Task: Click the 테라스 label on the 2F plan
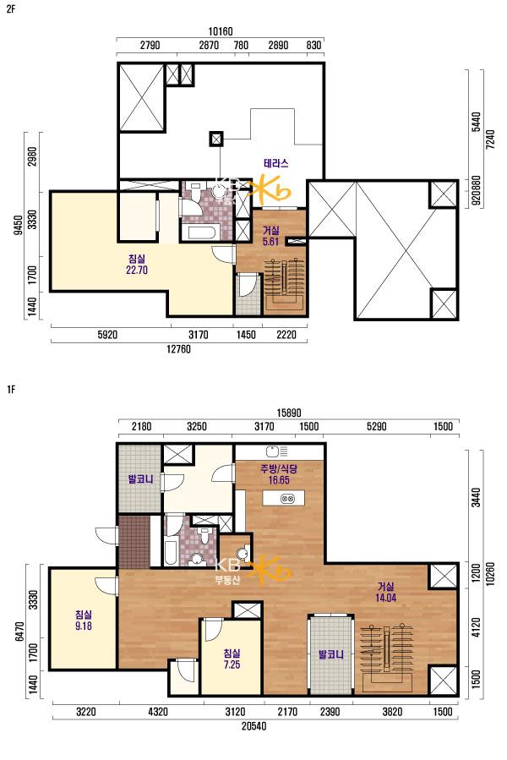[x=275, y=164]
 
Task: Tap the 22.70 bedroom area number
[x=137, y=270]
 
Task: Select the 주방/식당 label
[x=279, y=468]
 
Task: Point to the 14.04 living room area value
[x=385, y=598]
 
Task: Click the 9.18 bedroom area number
[x=84, y=626]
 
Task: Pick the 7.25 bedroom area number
[x=232, y=664]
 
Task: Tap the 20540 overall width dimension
[x=254, y=726]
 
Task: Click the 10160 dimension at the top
[x=221, y=31]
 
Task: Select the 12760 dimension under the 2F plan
[x=178, y=349]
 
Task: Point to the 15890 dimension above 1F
[x=289, y=413]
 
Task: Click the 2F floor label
[x=11, y=9]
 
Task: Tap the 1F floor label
[x=11, y=390]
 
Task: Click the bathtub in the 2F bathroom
[x=201, y=232]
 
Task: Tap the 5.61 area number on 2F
[x=270, y=241]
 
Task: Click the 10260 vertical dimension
[x=490, y=573]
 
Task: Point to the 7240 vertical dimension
[x=490, y=139]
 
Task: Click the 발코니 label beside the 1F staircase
[x=331, y=655]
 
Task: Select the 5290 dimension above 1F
[x=377, y=427]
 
